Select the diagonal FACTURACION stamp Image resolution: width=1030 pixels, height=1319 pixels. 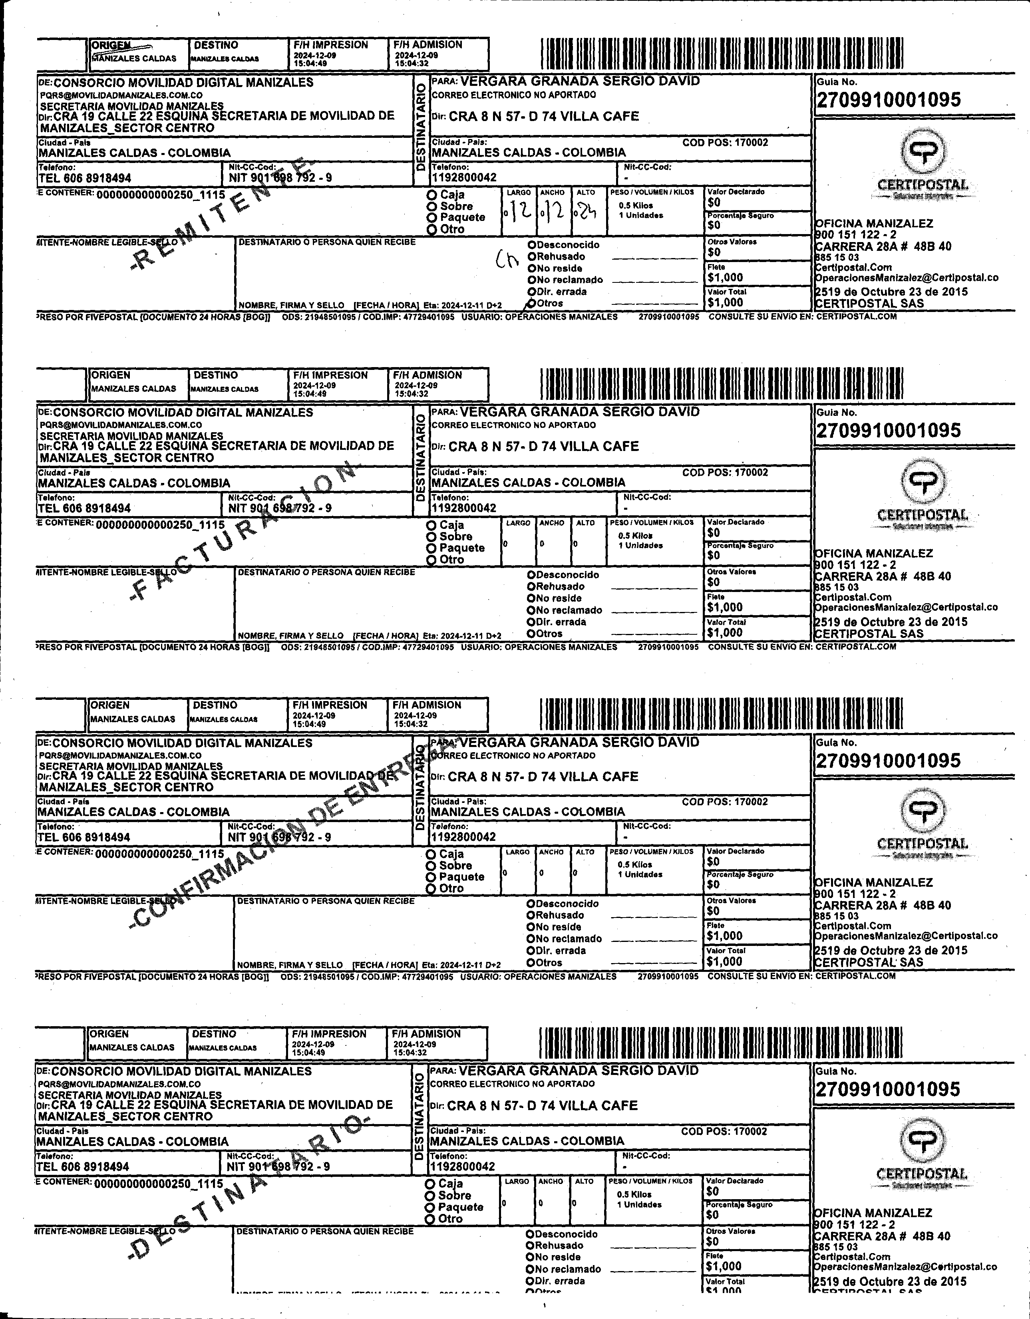[x=242, y=531]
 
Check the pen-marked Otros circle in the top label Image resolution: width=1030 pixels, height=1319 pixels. [x=532, y=303]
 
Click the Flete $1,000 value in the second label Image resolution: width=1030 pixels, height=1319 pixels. [x=725, y=607]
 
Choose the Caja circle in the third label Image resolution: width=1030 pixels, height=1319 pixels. [x=431, y=854]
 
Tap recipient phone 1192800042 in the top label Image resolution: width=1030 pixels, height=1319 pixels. [x=464, y=177]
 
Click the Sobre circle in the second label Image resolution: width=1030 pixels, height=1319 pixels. [x=431, y=537]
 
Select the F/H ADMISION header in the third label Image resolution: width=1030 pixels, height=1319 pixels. [x=426, y=705]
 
